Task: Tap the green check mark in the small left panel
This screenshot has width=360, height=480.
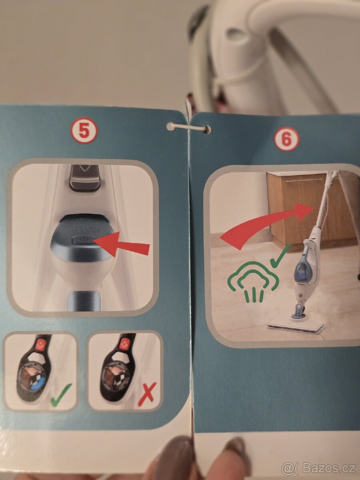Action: (x=61, y=394)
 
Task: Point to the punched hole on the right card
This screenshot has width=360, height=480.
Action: (x=207, y=129)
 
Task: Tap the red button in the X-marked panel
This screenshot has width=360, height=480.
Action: (x=125, y=344)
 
